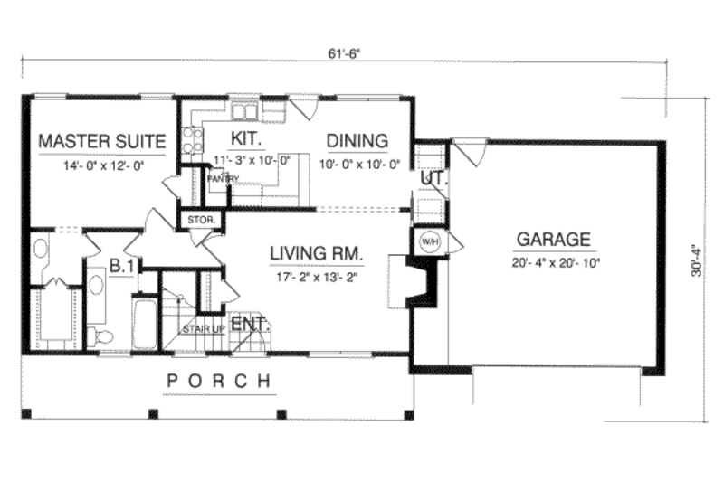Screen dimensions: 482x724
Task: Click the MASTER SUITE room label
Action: tap(101, 141)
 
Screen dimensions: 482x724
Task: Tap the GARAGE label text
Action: tap(553, 241)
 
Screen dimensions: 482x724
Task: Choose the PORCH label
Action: tap(219, 382)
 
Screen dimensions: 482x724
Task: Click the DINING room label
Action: tap(357, 141)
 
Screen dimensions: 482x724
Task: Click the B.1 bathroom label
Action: tap(122, 266)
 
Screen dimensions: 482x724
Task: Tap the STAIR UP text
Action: tap(202, 328)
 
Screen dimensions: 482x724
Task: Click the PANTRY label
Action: tap(222, 179)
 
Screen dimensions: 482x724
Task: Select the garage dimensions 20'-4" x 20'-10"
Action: tap(553, 263)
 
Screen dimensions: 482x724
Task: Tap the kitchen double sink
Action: tap(243, 112)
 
